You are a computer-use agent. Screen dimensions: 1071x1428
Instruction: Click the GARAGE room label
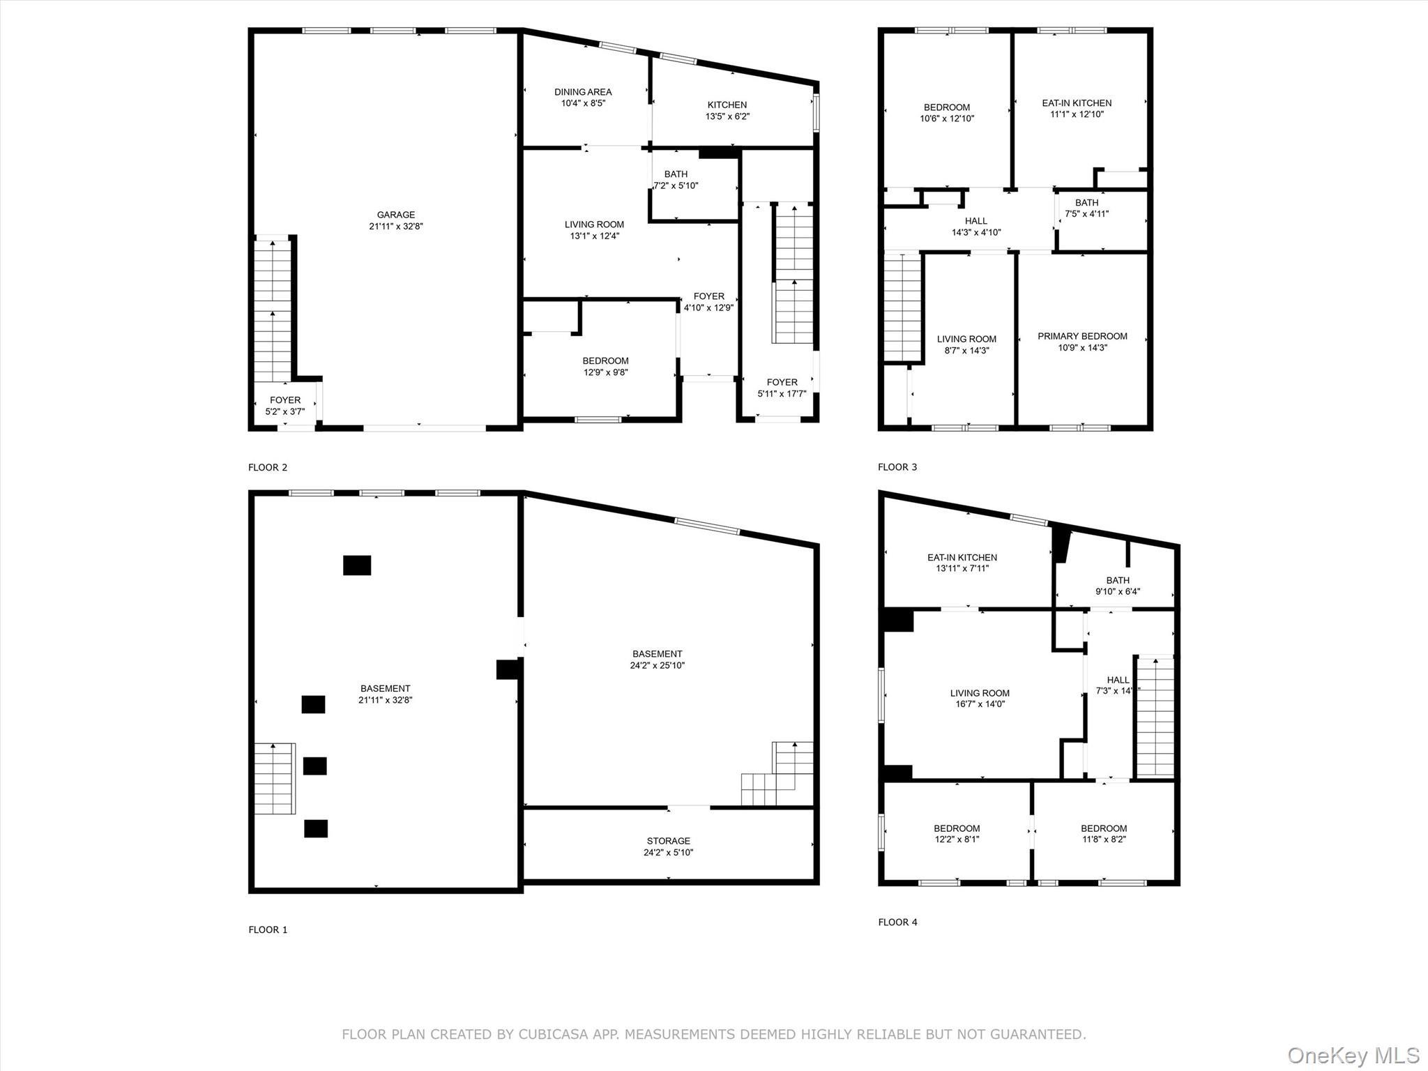coord(395,215)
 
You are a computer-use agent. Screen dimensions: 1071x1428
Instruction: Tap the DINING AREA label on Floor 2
coord(583,92)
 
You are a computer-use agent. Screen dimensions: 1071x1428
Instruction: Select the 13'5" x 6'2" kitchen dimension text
coord(727,116)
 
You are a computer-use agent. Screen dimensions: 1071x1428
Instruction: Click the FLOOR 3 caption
coord(897,467)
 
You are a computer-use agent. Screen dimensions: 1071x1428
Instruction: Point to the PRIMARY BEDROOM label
coord(1082,336)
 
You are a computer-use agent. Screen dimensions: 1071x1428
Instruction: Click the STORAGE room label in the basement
coord(668,841)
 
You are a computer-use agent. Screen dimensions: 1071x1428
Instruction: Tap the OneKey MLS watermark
coord(1353,1055)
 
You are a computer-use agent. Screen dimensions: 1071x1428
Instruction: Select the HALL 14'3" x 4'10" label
coord(976,227)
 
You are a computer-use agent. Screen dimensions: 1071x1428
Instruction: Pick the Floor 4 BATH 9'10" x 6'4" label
coord(1117,586)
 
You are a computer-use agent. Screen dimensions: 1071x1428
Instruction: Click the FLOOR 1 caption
coord(268,929)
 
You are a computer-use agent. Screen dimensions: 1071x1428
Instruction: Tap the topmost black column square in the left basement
coord(357,565)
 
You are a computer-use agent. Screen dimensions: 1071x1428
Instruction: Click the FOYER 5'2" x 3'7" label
coord(285,406)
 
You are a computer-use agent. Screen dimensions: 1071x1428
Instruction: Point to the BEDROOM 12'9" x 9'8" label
coord(605,366)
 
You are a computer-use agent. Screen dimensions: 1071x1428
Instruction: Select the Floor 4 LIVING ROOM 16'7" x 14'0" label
coord(980,699)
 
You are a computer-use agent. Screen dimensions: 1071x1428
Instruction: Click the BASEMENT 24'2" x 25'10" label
coord(657,660)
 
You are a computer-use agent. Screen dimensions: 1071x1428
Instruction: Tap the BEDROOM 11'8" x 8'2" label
coord(1104,834)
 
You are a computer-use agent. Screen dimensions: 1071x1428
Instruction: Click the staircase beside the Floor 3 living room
coord(903,307)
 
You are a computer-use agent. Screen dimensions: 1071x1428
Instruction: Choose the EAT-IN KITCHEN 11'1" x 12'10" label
coord(1077,108)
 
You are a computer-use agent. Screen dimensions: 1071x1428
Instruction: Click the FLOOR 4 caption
coord(897,922)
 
